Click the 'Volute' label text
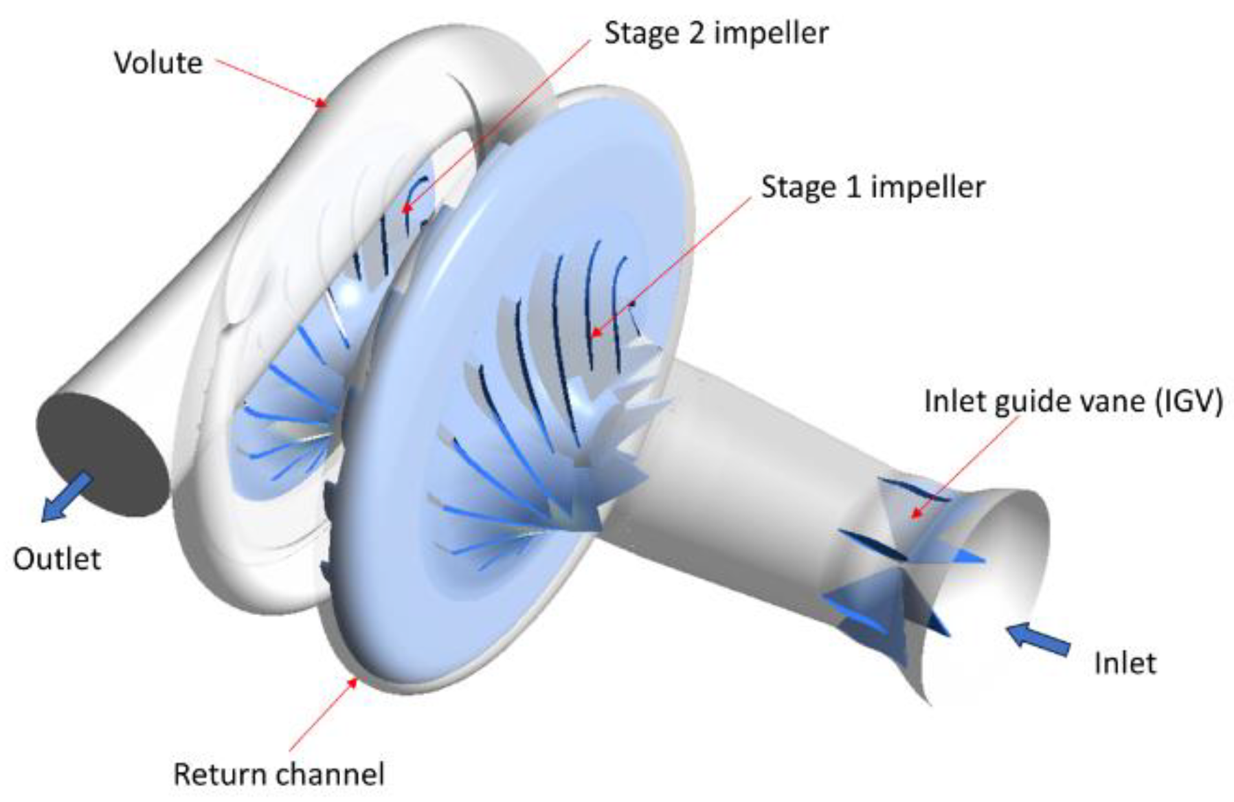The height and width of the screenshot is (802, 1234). click(x=158, y=63)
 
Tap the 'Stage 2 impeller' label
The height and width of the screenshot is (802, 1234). click(x=716, y=33)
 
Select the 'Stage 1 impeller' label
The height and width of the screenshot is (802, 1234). click(x=873, y=187)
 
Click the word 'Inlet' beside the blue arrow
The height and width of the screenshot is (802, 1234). click(x=1125, y=663)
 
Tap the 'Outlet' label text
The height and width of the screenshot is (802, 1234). click(x=57, y=559)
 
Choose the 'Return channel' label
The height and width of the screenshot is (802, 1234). click(x=278, y=775)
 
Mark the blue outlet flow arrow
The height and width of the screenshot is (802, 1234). click(x=66, y=497)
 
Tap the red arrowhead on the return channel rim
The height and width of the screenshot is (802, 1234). click(x=353, y=682)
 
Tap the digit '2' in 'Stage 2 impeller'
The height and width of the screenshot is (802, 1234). click(x=697, y=33)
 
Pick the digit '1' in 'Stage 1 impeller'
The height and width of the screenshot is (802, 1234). click(x=853, y=187)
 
